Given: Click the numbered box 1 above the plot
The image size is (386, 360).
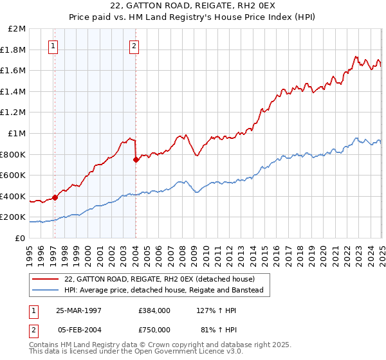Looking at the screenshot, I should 53,46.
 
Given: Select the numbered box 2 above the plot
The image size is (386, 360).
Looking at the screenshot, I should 134,46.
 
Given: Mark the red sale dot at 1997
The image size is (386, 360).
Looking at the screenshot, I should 55,197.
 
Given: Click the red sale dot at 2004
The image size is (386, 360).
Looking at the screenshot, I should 136,159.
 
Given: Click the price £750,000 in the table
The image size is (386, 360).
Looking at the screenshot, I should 154,330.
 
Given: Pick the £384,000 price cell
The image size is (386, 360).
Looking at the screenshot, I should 154,310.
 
